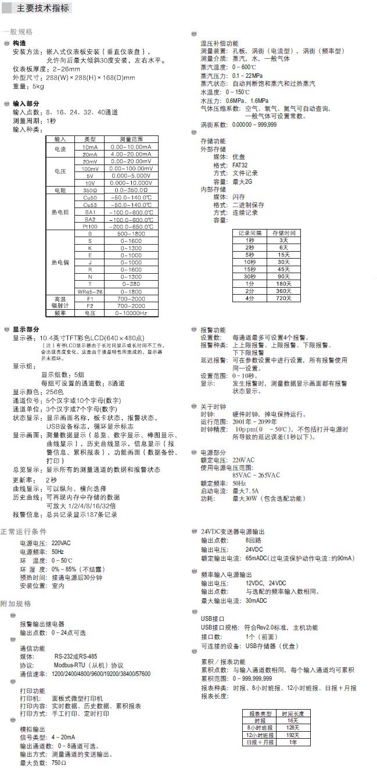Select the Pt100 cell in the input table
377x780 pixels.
[90, 227]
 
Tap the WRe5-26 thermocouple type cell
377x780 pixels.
[90, 291]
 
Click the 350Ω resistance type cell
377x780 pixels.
[90, 190]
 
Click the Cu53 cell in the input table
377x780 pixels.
[90, 205]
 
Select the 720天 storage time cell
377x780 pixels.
[283, 298]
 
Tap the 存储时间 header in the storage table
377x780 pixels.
[283, 232]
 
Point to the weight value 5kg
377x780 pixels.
[38, 87]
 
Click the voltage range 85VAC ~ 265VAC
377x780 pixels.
[256, 475]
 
